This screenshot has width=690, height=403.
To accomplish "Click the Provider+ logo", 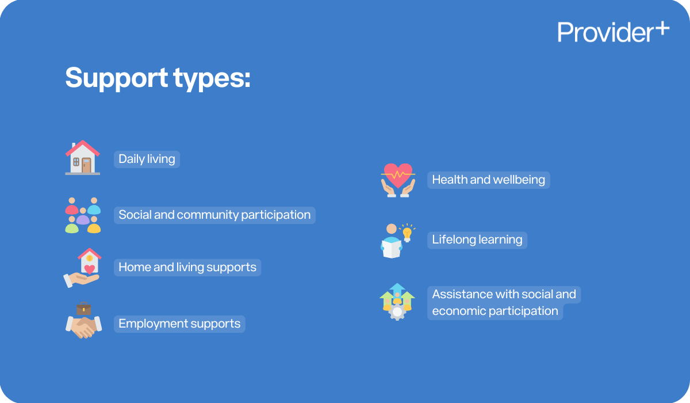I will click(613, 32).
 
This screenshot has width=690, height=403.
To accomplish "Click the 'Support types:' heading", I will click(158, 78).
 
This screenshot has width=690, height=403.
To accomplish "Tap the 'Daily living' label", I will click(147, 159).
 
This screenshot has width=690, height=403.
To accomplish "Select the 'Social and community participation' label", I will click(214, 215).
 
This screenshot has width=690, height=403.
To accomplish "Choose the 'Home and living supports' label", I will click(187, 267).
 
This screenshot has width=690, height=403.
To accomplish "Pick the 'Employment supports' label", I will click(179, 324).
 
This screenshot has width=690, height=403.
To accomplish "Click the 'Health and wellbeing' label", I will click(488, 180).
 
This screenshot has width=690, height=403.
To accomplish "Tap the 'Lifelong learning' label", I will click(477, 239).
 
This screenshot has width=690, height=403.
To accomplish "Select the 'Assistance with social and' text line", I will click(504, 294).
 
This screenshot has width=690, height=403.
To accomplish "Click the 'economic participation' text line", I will click(495, 311).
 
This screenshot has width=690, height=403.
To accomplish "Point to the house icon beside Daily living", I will click(82, 157).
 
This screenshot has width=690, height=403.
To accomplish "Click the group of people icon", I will click(83, 215).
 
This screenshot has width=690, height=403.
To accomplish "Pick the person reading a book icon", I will click(392, 242).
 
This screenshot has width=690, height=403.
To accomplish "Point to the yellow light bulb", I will click(407, 233).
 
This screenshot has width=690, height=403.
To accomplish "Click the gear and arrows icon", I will click(397, 302).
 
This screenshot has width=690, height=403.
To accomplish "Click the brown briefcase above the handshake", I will click(84, 309).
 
